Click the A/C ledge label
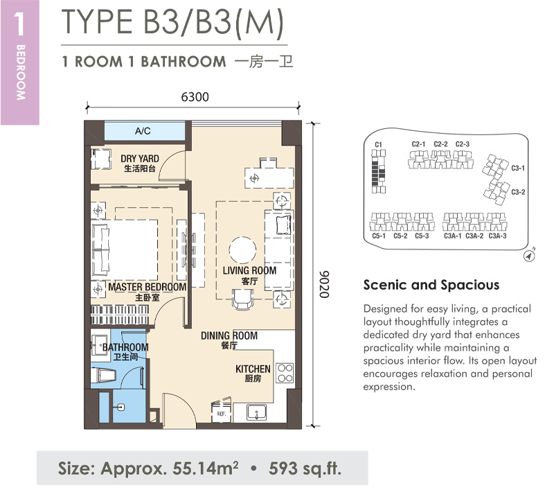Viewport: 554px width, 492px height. [143, 131]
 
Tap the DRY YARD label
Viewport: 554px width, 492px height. [140, 159]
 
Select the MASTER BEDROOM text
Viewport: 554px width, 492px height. [148, 287]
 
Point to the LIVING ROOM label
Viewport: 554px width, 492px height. [249, 271]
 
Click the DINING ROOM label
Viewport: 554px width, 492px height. [229, 335]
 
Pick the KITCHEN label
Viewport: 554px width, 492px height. [253, 369]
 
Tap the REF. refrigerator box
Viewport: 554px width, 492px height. [221, 412]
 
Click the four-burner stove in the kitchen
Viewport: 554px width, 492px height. [285, 374]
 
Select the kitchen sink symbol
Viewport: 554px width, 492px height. [257, 412]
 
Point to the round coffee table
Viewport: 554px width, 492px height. [242, 249]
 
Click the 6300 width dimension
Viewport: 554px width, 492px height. [195, 97]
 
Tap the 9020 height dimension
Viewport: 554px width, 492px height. [324, 284]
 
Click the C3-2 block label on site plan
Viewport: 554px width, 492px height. [518, 192]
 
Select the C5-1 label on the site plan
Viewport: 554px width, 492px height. [379, 236]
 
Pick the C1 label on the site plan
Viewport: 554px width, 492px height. [378, 144]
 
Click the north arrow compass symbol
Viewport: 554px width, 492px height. [529, 256]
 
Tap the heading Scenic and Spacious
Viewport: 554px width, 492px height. [431, 285]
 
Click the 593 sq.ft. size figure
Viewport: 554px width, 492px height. [305, 468]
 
